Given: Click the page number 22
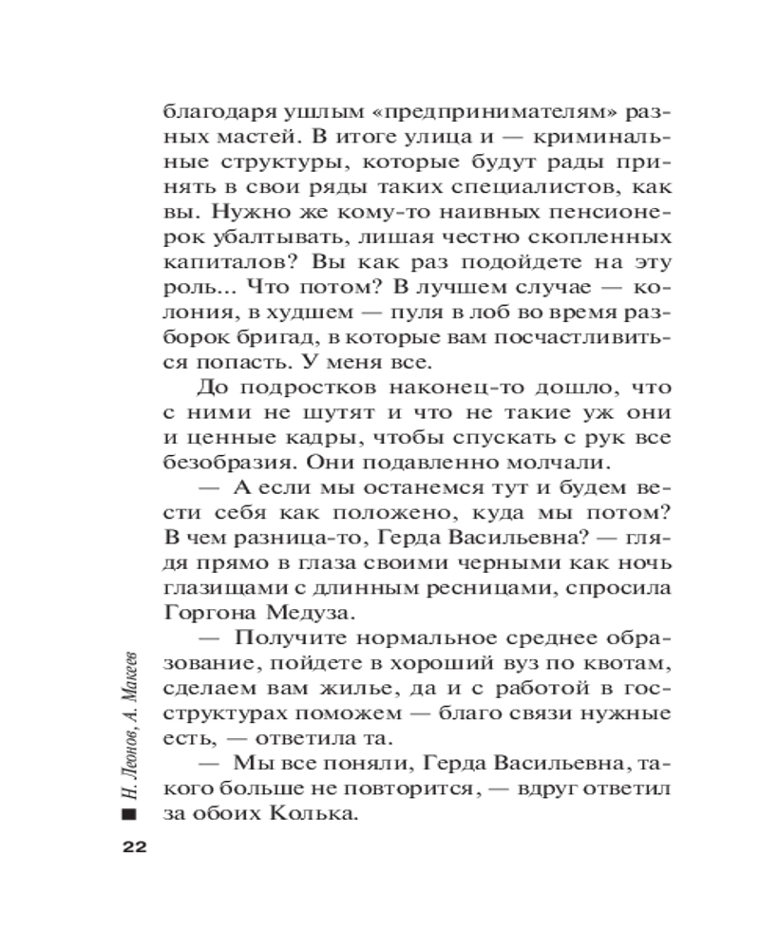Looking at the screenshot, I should [130, 848].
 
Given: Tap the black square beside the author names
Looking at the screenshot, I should [129, 816].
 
